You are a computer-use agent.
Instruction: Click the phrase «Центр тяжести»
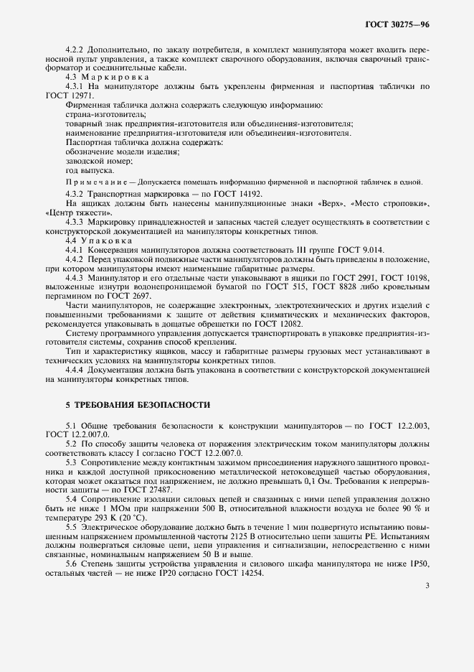pos(78,213)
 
